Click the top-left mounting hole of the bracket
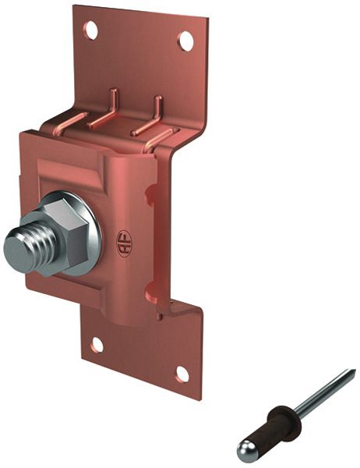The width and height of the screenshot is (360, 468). [x=91, y=30]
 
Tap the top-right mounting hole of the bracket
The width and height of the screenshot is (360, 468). [x=185, y=41]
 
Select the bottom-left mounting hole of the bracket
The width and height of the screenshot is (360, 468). [x=97, y=344]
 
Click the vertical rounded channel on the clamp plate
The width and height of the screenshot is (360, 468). [x=129, y=234]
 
